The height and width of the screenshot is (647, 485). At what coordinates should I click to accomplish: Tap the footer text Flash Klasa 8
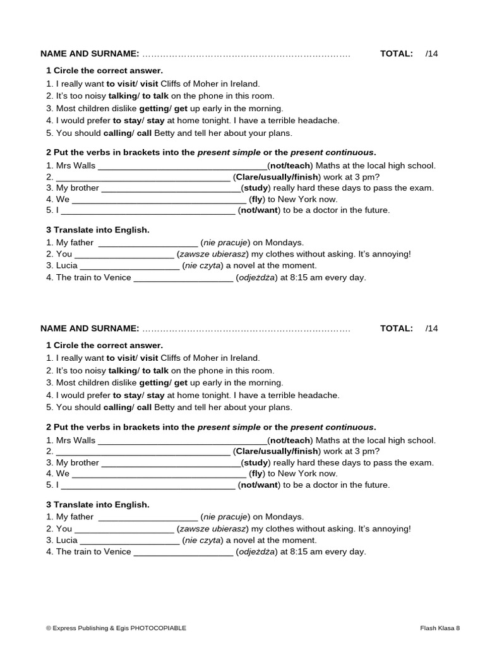[x=440, y=628]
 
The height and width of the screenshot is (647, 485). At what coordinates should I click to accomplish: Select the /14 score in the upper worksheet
[x=431, y=54]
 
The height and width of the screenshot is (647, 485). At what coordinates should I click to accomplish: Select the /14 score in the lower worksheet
[x=431, y=329]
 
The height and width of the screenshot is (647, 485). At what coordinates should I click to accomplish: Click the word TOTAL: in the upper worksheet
[x=397, y=54]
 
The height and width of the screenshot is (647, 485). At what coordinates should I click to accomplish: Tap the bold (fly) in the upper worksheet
[x=256, y=199]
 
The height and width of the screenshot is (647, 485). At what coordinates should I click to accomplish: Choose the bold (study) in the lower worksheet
[x=256, y=463]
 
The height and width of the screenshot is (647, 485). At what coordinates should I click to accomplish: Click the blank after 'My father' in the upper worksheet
[x=148, y=243]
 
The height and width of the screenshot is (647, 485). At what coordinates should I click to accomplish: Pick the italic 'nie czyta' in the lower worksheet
[x=203, y=540]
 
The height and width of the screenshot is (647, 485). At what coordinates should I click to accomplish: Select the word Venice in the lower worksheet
[x=118, y=552]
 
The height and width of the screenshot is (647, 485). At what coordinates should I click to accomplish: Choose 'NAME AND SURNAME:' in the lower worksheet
[x=90, y=329]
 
